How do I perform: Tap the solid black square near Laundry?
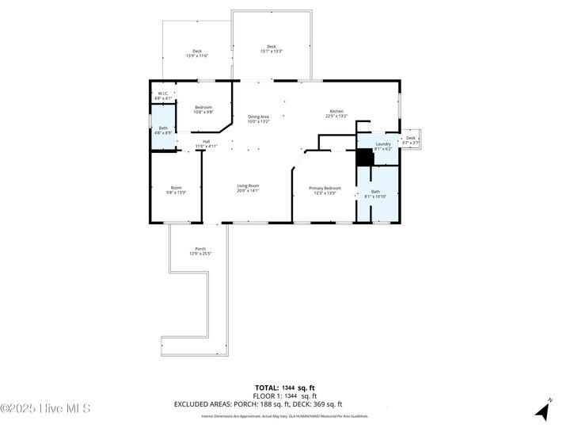(x=364, y=158)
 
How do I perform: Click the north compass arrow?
(x=543, y=410)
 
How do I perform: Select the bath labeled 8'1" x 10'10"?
(x=376, y=193)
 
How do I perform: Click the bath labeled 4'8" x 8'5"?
(x=163, y=131)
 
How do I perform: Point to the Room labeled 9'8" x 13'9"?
(x=176, y=190)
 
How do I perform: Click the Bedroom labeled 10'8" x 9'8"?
(x=203, y=109)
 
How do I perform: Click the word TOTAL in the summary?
(x=266, y=388)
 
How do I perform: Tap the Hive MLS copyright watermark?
(x=45, y=409)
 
